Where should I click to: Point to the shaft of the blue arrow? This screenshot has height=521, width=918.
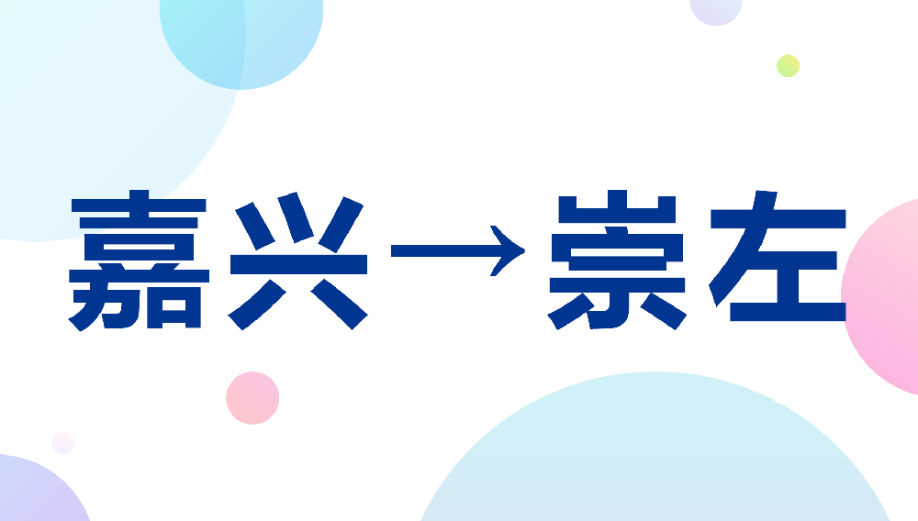coord(441,249)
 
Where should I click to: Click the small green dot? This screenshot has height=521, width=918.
coord(788,66)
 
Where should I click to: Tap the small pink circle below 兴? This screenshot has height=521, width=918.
coord(252,398)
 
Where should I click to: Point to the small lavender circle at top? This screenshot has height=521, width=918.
coord(716,9)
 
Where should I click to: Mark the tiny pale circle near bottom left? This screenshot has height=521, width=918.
coord(63,443)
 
